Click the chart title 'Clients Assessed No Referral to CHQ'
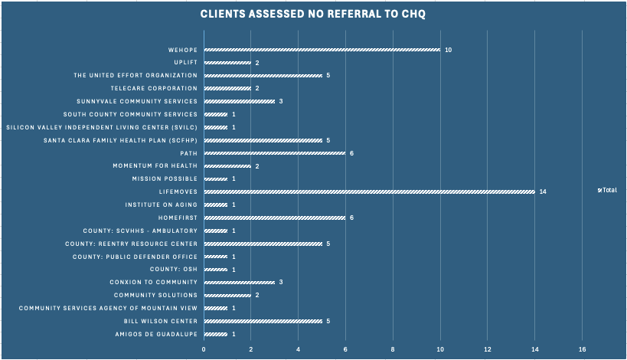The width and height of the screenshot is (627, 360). pos(312,14)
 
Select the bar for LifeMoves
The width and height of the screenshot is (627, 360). pos(370,192)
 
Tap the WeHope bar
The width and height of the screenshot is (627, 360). pos(322,50)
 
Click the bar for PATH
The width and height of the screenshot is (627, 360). pos(275,153)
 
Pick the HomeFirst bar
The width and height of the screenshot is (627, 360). pos(275,218)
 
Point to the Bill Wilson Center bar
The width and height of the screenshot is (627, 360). pos(263,321)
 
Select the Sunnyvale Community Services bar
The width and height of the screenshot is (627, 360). pos(240,102)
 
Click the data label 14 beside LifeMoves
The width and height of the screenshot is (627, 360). pos(543,192)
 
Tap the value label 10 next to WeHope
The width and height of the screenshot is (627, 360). pos(449,50)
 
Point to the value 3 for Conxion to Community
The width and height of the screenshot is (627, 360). pos(281,283)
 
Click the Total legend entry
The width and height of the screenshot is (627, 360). pos(607,191)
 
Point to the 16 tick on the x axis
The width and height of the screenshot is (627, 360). pos(582,349)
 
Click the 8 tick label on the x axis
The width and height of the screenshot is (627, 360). pos(393,349)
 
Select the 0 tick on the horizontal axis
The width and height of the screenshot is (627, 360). pos(204,349)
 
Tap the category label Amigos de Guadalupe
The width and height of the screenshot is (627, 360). pos(156,335)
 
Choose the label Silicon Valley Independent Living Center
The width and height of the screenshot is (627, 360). pos(102,128)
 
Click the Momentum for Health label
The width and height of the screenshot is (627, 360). pos(155,166)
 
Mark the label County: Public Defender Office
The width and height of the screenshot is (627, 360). pos(136,257)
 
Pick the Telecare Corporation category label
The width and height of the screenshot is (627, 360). pos(155,88)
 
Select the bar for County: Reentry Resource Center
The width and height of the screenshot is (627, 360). pos(263,244)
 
